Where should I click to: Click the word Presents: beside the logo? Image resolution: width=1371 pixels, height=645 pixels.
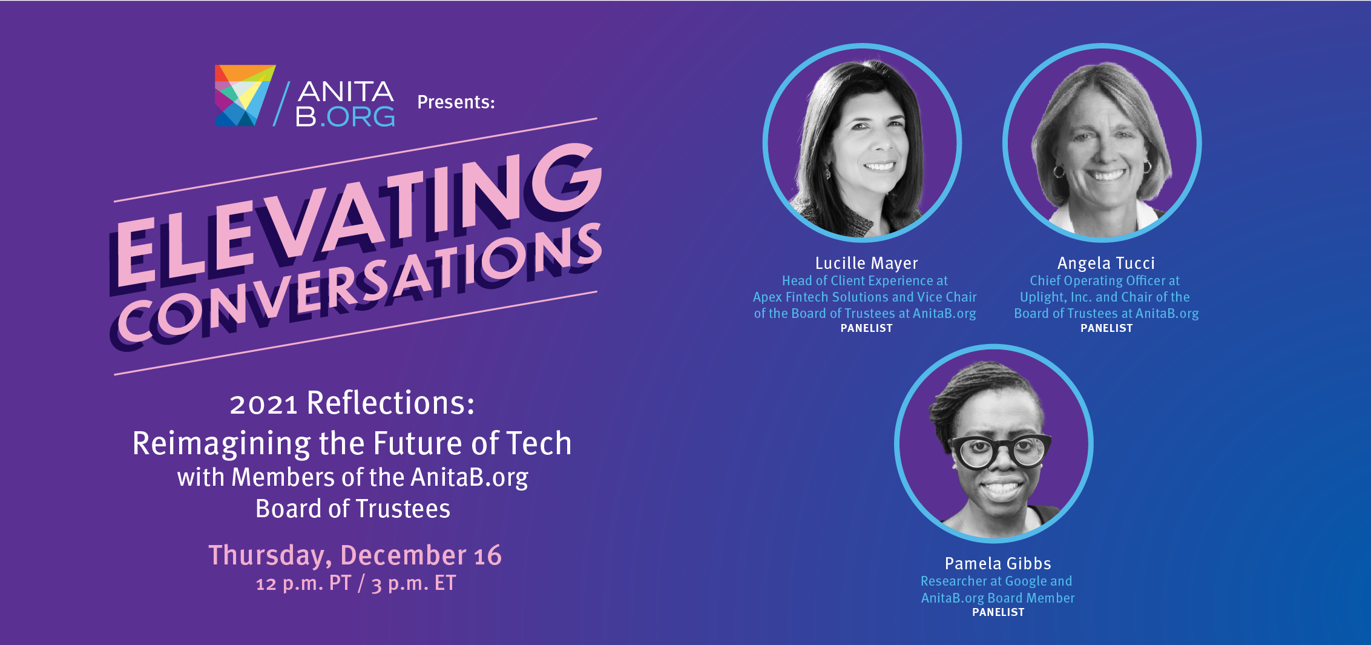(456, 102)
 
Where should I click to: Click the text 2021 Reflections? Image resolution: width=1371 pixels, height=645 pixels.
(352, 403)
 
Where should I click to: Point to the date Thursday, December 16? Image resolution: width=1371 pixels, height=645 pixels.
(355, 555)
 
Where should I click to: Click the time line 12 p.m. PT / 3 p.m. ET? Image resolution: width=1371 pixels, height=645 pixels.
(356, 584)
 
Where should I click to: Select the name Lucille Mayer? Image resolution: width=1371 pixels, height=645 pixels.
(866, 263)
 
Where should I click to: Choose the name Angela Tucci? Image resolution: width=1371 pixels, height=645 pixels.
(1106, 263)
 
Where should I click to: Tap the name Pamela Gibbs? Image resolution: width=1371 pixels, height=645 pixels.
(998, 564)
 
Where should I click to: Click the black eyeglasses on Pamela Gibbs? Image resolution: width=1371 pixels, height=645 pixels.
(1000, 452)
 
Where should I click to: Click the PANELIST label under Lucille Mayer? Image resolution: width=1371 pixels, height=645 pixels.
(866, 328)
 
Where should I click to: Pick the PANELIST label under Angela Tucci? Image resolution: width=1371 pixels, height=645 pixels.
(1106, 328)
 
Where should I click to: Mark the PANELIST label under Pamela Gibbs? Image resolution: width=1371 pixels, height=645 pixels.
(998, 612)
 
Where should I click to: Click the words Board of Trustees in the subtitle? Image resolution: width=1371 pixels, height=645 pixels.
(353, 509)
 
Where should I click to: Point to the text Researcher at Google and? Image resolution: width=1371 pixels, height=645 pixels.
(996, 581)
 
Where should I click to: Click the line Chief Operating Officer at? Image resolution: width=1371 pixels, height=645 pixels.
(1105, 281)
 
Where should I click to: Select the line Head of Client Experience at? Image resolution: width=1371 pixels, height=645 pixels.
(865, 281)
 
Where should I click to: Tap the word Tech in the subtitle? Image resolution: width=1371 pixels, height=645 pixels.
(539, 443)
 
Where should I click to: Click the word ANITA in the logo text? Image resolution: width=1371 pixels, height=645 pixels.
(346, 91)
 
